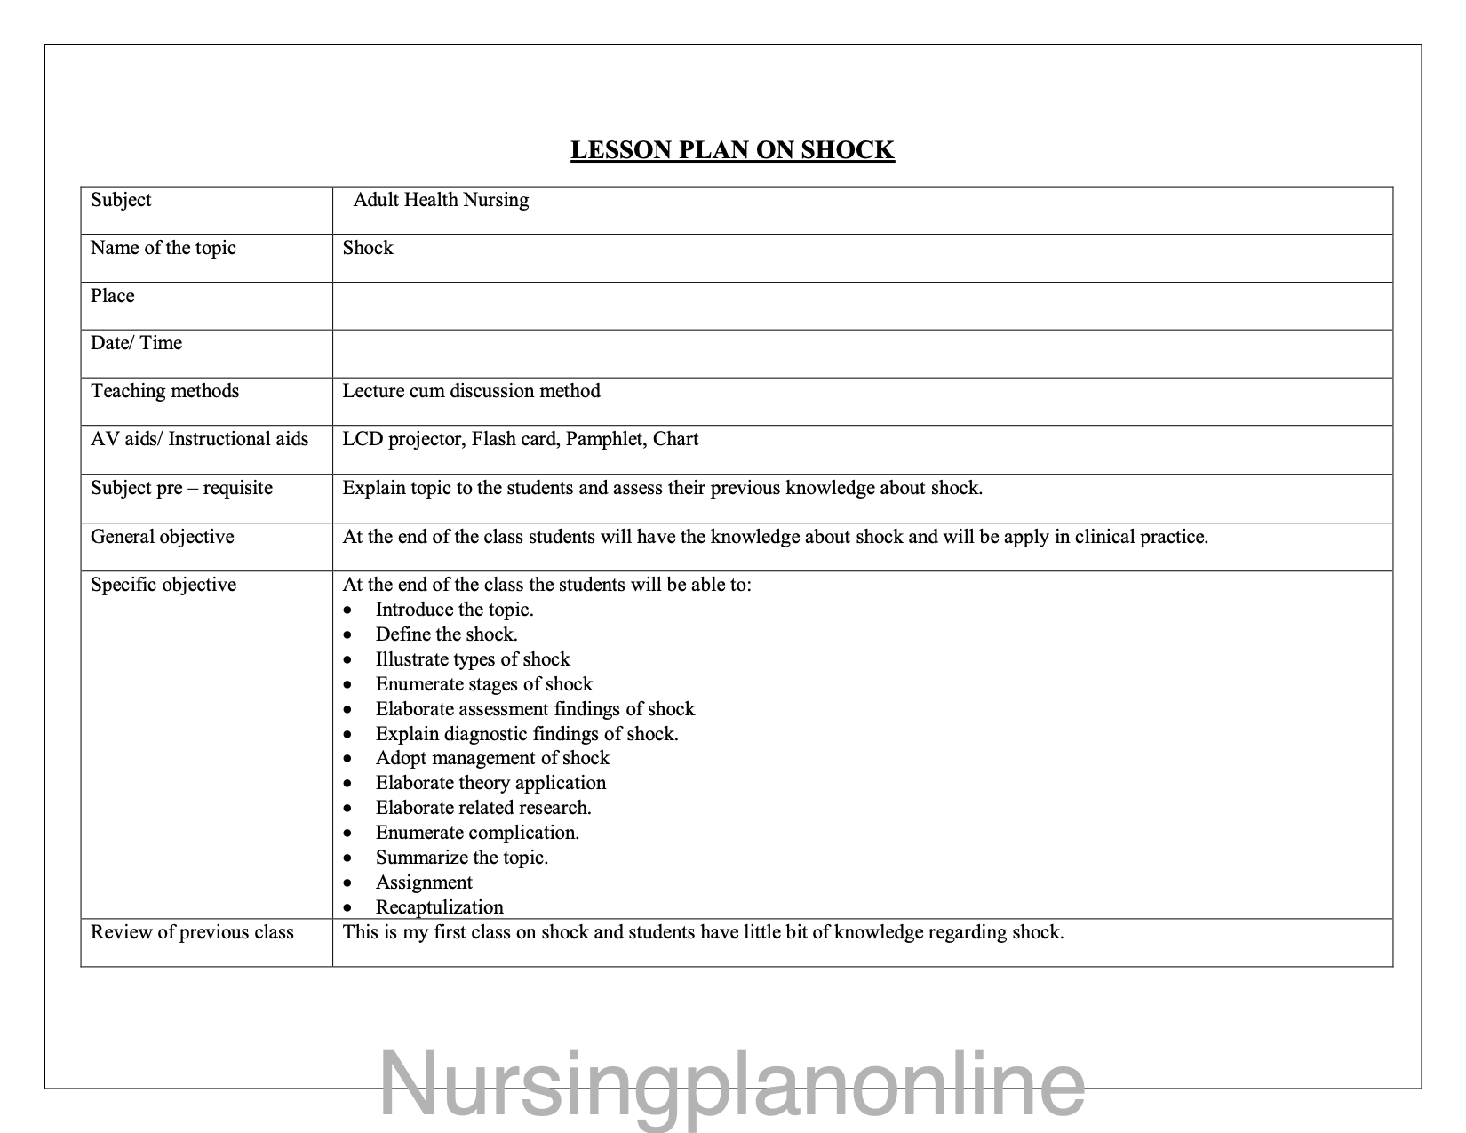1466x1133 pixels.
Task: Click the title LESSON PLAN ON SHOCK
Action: pyautogui.click(x=732, y=149)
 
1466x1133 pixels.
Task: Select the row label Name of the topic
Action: pyautogui.click(x=163, y=248)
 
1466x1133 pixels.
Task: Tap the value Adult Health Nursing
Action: pyautogui.click(x=441, y=200)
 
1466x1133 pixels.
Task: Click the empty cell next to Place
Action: pyautogui.click(x=862, y=306)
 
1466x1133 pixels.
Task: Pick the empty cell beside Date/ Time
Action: pyautogui.click(x=862, y=354)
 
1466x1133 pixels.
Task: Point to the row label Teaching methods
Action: pyautogui.click(x=165, y=391)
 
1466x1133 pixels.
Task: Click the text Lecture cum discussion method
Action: pyautogui.click(x=471, y=391)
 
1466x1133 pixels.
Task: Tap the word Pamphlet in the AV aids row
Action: pyautogui.click(x=604, y=439)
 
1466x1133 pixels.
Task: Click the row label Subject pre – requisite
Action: pyautogui.click(x=181, y=488)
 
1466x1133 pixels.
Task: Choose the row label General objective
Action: pyautogui.click(x=163, y=537)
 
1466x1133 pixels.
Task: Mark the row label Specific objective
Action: pyautogui.click(x=163, y=585)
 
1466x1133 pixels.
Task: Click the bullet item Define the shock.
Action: pyautogui.click(x=446, y=634)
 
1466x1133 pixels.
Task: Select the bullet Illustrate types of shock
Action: pyautogui.click(x=473, y=659)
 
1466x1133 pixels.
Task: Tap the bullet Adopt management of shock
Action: pyautogui.click(x=492, y=758)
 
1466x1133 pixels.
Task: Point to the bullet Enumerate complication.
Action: pyautogui.click(x=477, y=833)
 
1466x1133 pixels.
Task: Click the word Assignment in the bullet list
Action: pyautogui.click(x=424, y=882)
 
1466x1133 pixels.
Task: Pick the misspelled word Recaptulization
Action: pyautogui.click(x=439, y=907)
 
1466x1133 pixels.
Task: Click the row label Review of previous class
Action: pyautogui.click(x=192, y=932)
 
